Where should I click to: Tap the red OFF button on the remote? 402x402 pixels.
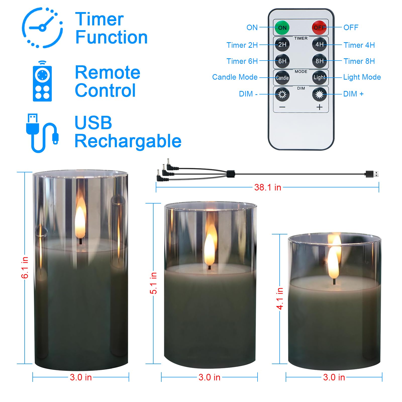pyautogui.click(x=319, y=27)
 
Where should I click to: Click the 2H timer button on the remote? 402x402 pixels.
pyautogui.click(x=282, y=44)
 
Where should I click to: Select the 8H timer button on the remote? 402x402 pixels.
pyautogui.click(x=319, y=61)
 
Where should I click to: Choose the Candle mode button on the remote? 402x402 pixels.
pyautogui.click(x=282, y=78)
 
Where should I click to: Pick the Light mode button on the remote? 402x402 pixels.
pyautogui.click(x=319, y=77)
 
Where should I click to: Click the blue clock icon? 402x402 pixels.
pyautogui.click(x=42, y=27)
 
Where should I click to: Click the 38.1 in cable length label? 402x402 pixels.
pyautogui.click(x=268, y=187)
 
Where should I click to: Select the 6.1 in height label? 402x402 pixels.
pyautogui.click(x=25, y=268)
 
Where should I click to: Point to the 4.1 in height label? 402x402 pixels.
pyautogui.click(x=280, y=299)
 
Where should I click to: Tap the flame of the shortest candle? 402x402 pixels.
pyautogui.click(x=333, y=261)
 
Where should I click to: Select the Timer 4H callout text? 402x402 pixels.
pyautogui.click(x=359, y=45)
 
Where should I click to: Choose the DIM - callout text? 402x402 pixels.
pyautogui.click(x=248, y=94)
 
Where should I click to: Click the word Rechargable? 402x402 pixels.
pyautogui.click(x=128, y=141)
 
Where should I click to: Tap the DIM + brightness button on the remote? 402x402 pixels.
pyautogui.click(x=319, y=94)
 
